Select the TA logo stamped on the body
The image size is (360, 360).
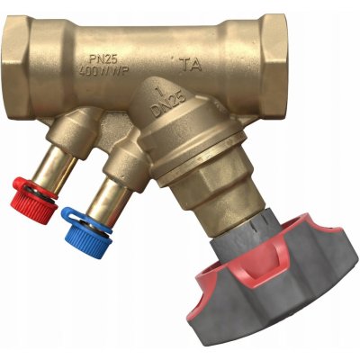[x=190, y=64]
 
